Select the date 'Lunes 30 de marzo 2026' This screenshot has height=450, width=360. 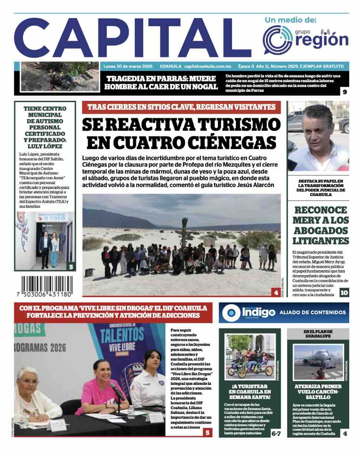[x=128, y=66]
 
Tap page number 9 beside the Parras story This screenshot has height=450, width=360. [x=344, y=92]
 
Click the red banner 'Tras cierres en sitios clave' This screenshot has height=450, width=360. [x=181, y=107]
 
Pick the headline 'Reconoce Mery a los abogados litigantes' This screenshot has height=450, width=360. [x=321, y=225]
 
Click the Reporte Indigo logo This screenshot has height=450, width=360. [x=248, y=312]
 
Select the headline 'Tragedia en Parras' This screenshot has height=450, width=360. [x=161, y=83]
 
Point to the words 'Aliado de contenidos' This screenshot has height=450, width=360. [x=312, y=312]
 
